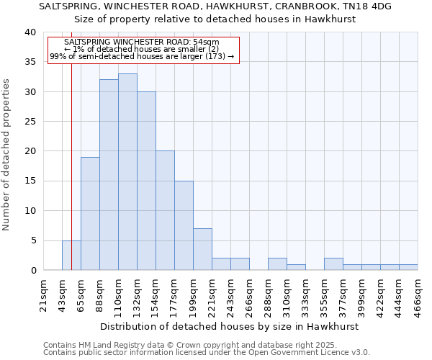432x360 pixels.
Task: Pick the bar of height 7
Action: [202, 249]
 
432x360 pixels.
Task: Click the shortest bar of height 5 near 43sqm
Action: [71, 255]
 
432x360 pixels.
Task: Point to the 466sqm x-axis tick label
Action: [418, 294]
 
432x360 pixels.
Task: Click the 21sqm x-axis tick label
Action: [44, 294]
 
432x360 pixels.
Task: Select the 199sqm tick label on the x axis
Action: [194, 294]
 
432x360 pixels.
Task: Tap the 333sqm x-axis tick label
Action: [306, 294]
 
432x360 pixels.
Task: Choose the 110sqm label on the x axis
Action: [119, 294]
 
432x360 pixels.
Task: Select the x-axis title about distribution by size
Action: [229, 326]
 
